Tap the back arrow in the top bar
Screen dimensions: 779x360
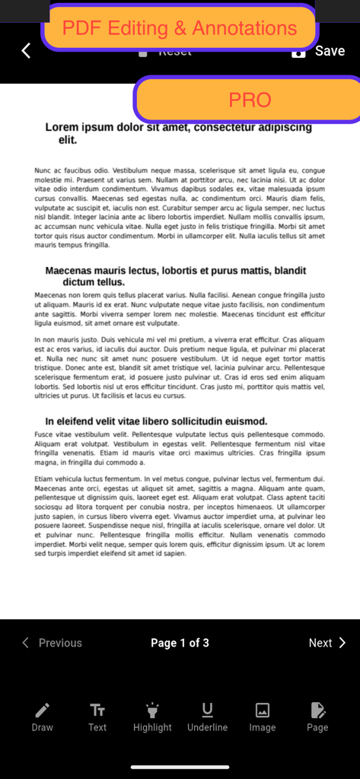(26, 51)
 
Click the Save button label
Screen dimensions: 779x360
(330, 51)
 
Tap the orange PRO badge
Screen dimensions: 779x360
(249, 100)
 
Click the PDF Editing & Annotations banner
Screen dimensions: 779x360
(180, 28)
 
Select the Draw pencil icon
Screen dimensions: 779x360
(43, 710)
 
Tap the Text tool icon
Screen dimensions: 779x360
(97, 710)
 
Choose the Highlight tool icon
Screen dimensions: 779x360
(152, 710)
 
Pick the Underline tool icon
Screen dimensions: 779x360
(207, 710)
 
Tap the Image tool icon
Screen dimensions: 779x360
(263, 710)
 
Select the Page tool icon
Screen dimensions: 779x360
(317, 710)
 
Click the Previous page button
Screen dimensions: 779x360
(52, 643)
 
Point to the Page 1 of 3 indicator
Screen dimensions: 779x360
(180, 643)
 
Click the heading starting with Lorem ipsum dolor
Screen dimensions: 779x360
(178, 134)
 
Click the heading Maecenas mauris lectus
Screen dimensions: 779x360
(175, 276)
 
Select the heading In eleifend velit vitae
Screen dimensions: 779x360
(156, 421)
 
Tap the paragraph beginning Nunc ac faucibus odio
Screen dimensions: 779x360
(180, 208)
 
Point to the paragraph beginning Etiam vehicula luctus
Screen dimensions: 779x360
(180, 517)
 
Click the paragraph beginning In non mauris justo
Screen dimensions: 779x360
(180, 367)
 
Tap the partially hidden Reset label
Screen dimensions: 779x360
(174, 53)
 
